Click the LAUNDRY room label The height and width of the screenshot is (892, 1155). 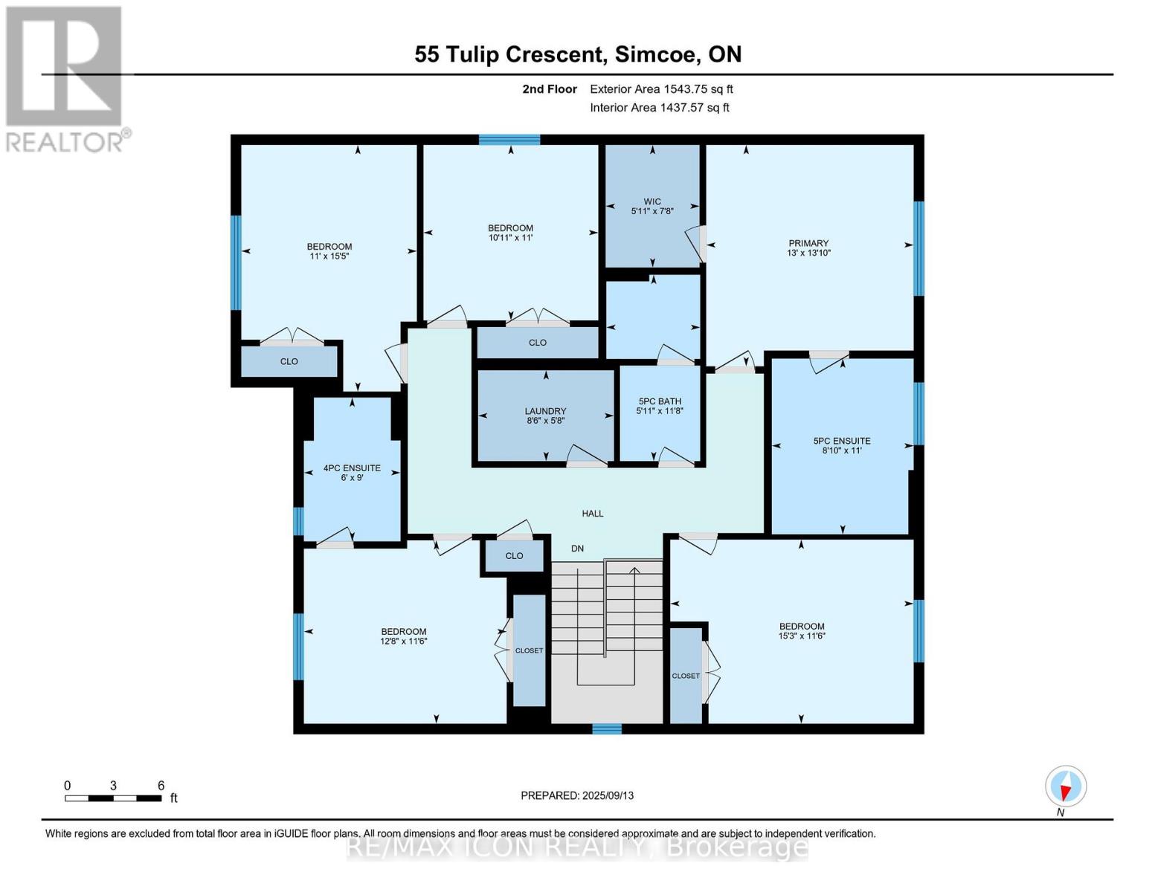point(546,416)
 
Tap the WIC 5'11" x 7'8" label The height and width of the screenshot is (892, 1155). point(652,206)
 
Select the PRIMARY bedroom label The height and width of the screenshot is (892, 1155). point(808,248)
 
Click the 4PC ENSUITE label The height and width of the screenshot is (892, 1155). point(352,473)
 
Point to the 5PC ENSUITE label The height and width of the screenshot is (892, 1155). point(841,445)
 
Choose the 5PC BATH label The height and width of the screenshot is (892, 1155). point(659,406)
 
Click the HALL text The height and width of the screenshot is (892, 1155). point(593,514)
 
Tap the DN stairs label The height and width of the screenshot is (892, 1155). point(577,549)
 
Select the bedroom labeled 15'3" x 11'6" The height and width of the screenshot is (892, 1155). point(802,631)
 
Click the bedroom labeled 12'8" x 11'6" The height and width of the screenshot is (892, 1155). point(404,636)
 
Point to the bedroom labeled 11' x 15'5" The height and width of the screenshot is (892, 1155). point(329,251)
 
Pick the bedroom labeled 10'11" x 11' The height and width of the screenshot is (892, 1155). point(510,233)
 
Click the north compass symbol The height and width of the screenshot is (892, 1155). point(1066,786)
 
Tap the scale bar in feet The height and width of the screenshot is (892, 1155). point(113,798)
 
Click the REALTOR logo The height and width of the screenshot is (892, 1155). point(65,78)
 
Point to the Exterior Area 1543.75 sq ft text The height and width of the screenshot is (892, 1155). point(661,89)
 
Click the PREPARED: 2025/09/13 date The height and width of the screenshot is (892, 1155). point(577,795)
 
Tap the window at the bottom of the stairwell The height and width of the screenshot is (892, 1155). point(607,728)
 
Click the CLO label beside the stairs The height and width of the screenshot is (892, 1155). point(514,556)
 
